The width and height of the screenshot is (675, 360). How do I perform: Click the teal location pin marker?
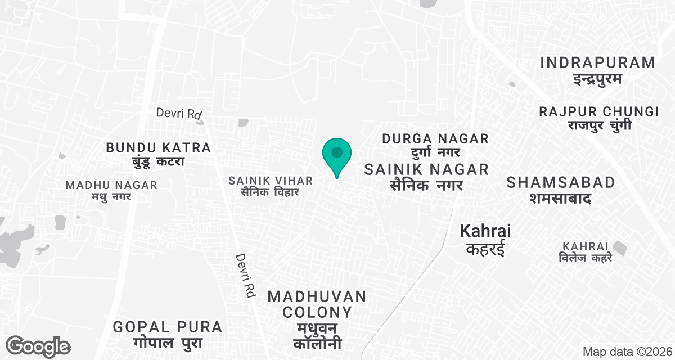point(337,154)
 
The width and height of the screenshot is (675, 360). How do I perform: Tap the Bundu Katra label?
point(159,148)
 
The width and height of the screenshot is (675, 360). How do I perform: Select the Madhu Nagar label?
point(111,185)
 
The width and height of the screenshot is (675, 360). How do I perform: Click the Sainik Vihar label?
point(270,181)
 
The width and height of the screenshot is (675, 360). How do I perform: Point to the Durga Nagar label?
point(435,138)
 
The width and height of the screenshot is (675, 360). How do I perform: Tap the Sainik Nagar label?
point(427,169)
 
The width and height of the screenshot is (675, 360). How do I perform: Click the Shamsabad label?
point(560,182)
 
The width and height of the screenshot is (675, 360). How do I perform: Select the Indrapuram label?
point(597,62)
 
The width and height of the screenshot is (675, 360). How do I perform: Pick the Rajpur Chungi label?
point(599,111)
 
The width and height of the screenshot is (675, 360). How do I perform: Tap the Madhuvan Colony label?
point(317,304)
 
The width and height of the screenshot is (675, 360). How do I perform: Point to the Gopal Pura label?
point(168,327)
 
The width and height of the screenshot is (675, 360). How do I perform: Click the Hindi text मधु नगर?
point(111,197)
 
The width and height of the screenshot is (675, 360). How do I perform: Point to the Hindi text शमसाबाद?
point(560,197)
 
